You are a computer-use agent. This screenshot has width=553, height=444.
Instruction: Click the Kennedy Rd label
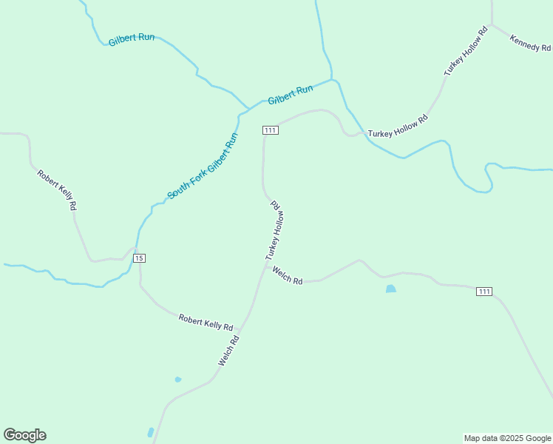point(530,43)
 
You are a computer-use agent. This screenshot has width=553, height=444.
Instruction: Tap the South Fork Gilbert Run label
point(203,166)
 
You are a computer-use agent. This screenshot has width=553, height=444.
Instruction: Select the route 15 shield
point(140,258)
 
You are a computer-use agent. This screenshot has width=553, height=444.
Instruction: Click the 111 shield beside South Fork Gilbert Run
point(270,130)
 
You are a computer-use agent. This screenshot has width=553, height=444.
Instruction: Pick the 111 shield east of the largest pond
point(484,292)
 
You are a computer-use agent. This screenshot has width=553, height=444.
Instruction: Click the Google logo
point(25,435)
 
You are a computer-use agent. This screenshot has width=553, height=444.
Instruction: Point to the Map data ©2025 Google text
point(508,438)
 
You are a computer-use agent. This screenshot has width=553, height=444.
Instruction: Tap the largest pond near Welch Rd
point(390,289)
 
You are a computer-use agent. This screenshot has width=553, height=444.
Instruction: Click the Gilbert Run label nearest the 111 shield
point(291,95)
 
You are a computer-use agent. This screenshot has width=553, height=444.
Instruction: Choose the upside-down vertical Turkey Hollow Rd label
point(275,229)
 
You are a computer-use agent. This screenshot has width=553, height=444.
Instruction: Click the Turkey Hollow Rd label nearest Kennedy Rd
point(467,52)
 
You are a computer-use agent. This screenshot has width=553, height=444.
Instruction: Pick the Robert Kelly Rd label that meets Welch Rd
point(206,322)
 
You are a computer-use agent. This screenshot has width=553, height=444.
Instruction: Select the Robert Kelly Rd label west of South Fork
point(58,191)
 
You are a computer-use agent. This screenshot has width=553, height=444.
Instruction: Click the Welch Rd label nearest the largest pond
point(288,276)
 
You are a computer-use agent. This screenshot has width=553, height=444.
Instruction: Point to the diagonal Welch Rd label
point(228,351)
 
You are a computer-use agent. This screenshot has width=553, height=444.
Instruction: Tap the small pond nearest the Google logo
point(151,432)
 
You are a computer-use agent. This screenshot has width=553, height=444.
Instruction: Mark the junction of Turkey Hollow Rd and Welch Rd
point(265,266)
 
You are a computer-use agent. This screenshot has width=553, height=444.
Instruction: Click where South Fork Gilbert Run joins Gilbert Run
point(241,114)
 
